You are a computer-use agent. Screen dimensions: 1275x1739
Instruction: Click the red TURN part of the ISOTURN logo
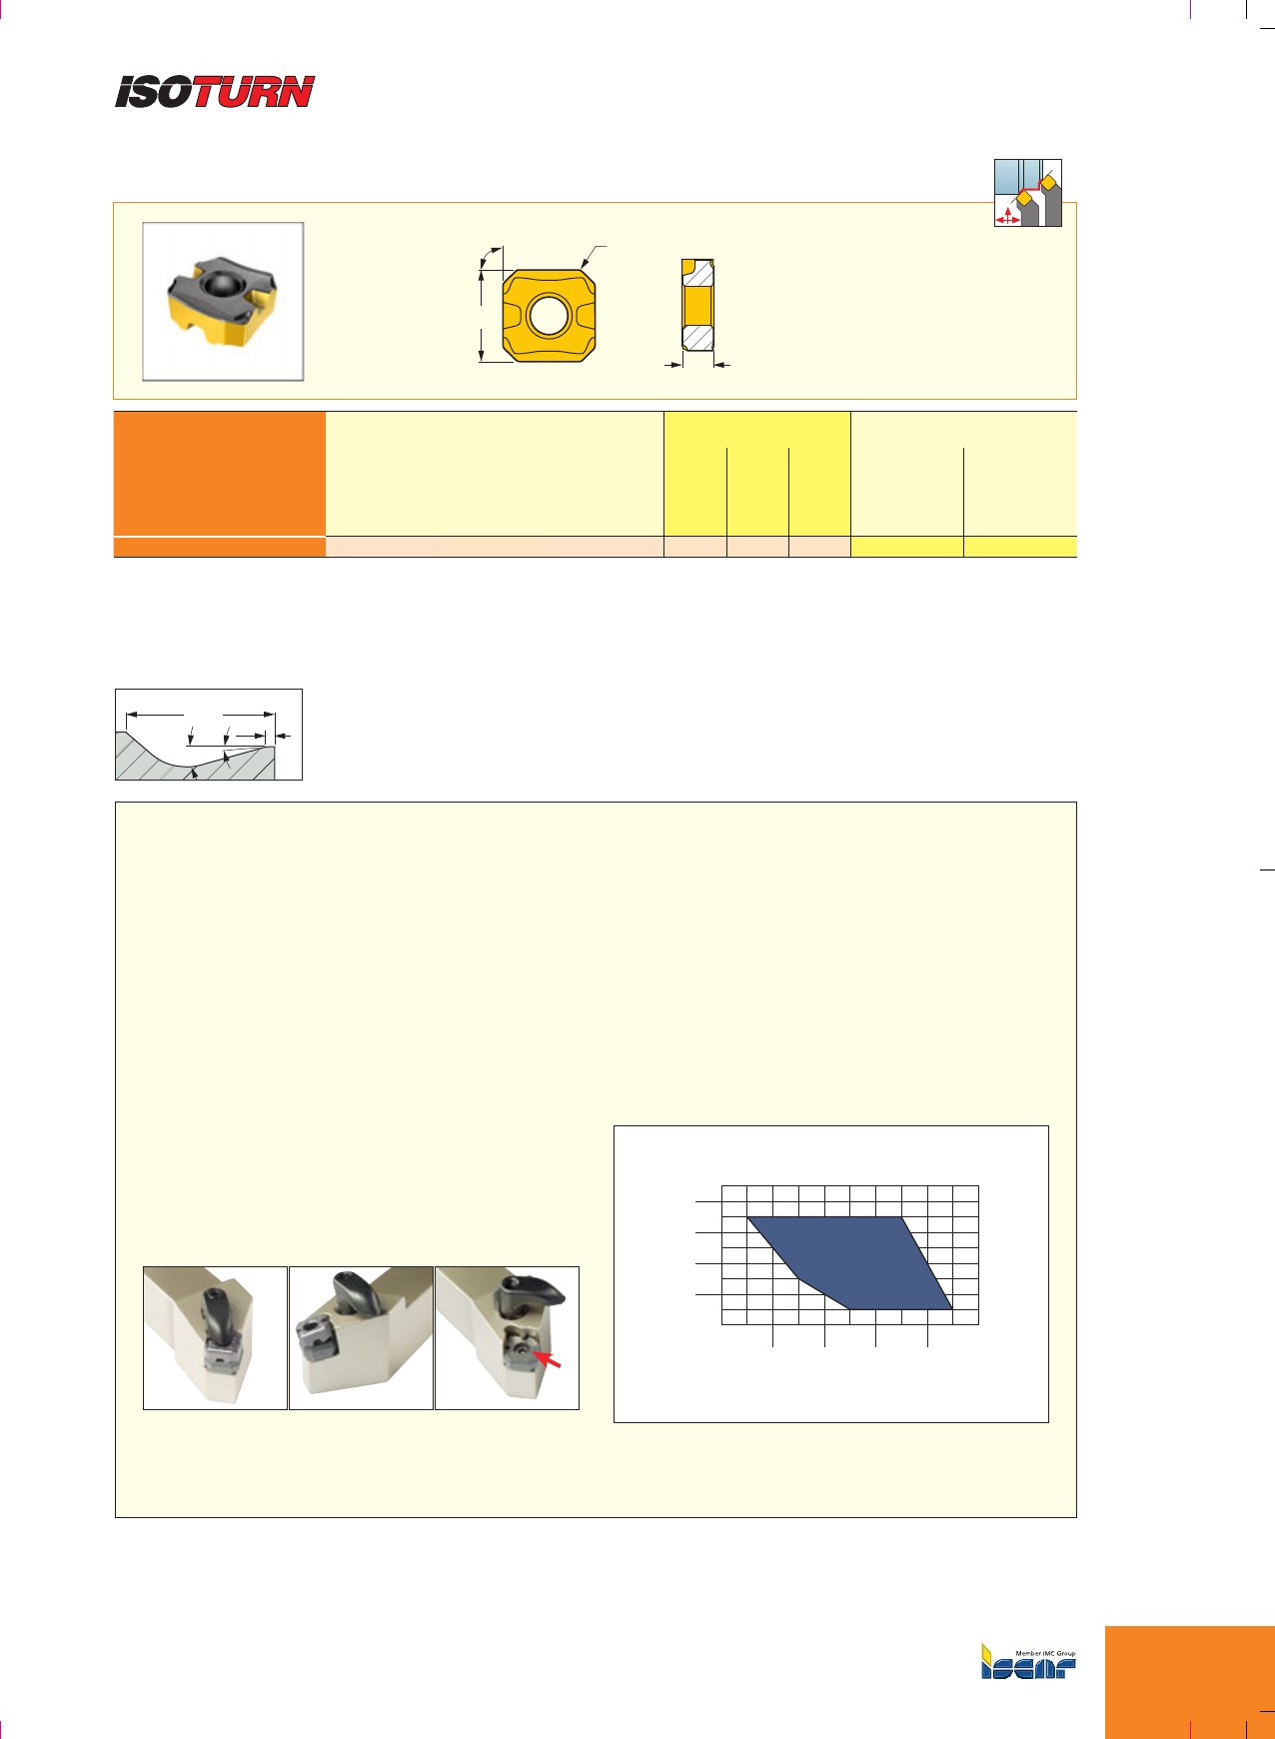click(x=254, y=91)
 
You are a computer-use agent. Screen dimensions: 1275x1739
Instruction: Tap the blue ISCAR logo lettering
click(x=1029, y=1667)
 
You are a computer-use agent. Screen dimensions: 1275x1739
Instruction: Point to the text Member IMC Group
click(x=1045, y=1653)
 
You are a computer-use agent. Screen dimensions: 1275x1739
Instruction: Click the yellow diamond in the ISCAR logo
click(x=986, y=1652)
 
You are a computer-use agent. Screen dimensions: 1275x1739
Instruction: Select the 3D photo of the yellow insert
click(x=223, y=302)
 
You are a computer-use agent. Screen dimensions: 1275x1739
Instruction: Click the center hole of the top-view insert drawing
click(x=549, y=316)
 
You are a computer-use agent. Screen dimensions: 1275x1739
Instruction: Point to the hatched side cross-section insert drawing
click(x=698, y=305)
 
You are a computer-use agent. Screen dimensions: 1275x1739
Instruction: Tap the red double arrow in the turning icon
click(x=1008, y=218)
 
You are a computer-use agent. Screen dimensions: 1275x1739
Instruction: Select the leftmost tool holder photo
click(x=215, y=1338)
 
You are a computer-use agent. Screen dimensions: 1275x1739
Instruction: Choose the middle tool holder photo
click(x=361, y=1338)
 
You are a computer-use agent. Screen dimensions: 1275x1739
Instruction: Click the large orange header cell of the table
click(x=220, y=474)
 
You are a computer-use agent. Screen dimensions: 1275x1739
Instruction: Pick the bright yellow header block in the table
click(x=757, y=474)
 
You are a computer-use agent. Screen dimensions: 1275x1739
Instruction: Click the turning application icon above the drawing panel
click(x=1027, y=193)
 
